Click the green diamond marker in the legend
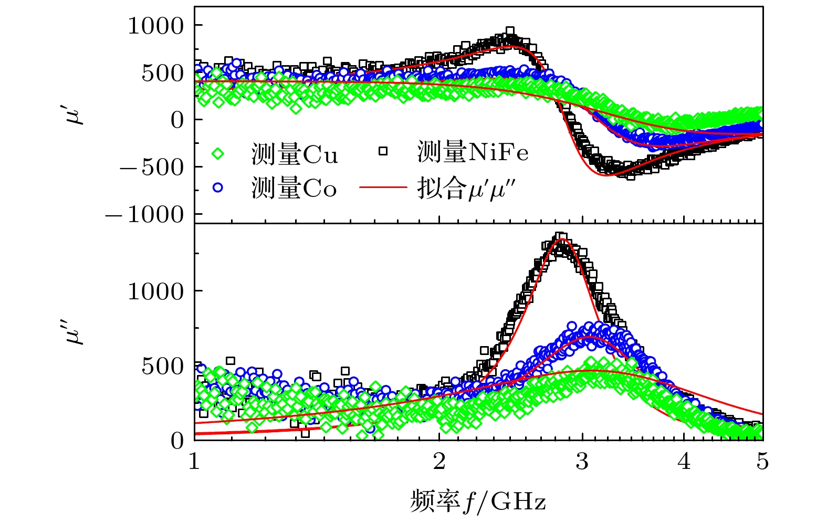coord(217,154)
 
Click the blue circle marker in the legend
coord(217,187)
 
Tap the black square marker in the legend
coord(383,151)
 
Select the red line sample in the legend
coord(383,187)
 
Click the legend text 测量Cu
coord(295,154)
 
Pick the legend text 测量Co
coord(294,188)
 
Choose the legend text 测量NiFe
coord(473,152)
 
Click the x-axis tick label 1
coord(194,462)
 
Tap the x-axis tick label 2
coord(439,462)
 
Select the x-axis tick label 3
coord(582,462)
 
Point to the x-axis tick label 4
coord(684,462)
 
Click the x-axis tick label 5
coord(762,462)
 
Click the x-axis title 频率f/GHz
coord(478,501)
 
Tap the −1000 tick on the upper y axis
coord(145,214)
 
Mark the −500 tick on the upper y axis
coord(152,167)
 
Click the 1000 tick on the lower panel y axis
coord(156,290)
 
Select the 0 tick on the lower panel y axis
coord(177,440)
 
